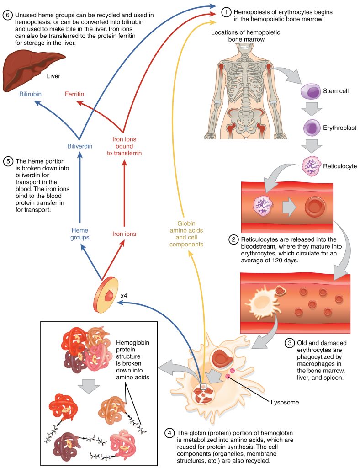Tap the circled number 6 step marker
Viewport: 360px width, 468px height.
(7, 16)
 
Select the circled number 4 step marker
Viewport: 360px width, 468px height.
(169, 432)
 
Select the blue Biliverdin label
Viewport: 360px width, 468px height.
(79, 146)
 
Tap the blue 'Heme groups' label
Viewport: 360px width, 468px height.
(79, 234)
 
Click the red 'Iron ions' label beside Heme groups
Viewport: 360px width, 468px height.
(124, 234)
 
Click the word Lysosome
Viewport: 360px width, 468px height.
(286, 402)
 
